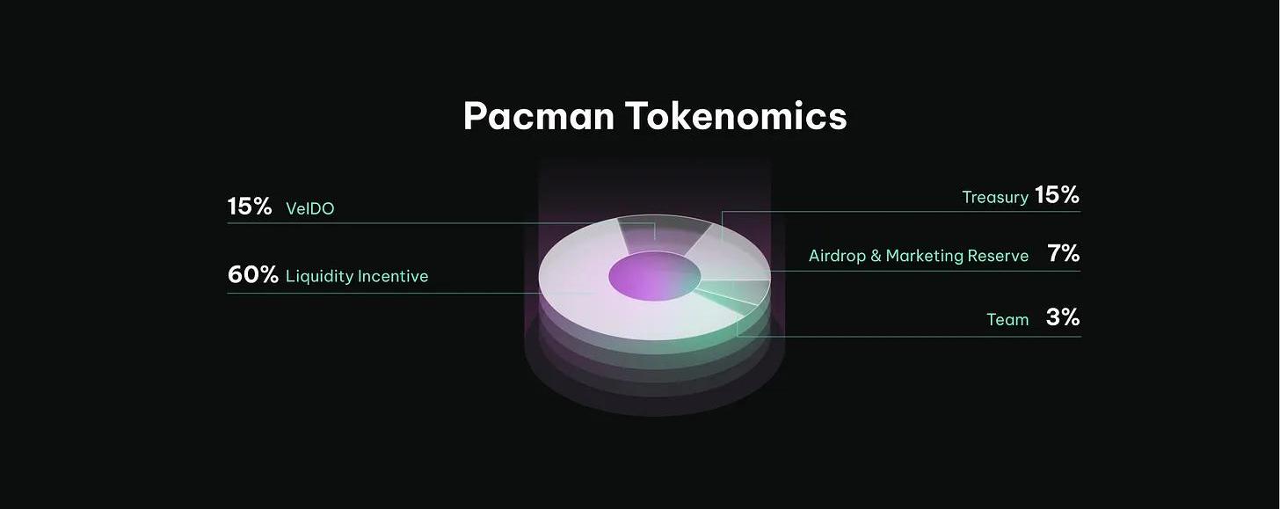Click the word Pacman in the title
[x=538, y=116]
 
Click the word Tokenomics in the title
[x=736, y=116]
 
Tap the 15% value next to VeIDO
[x=249, y=207]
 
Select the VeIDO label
[x=309, y=208]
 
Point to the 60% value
[x=252, y=275]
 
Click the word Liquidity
[x=319, y=277]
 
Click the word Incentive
[x=393, y=277]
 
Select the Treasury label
[x=995, y=198]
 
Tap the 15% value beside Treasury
[x=1057, y=195]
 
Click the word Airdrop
[x=837, y=256]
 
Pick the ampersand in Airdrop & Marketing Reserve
[x=876, y=256]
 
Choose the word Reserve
[x=997, y=256]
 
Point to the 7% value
[x=1064, y=253]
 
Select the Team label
[x=1007, y=319]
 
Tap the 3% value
[x=1063, y=317]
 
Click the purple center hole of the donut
[x=654, y=276]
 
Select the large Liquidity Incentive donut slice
[x=594, y=297]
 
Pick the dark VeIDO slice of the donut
[x=662, y=234]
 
